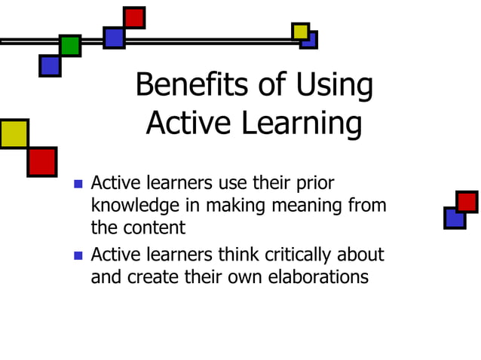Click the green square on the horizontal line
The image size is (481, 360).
point(70,46)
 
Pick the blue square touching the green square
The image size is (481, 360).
point(50,66)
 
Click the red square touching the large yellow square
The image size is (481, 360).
point(42,161)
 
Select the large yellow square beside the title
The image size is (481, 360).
point(14,133)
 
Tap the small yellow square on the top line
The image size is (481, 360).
point(300,31)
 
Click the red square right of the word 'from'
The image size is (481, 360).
point(467,202)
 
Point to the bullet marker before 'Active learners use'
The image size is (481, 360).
point(78,185)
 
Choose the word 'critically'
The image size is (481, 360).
point(285,255)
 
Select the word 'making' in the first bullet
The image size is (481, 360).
point(230,205)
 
